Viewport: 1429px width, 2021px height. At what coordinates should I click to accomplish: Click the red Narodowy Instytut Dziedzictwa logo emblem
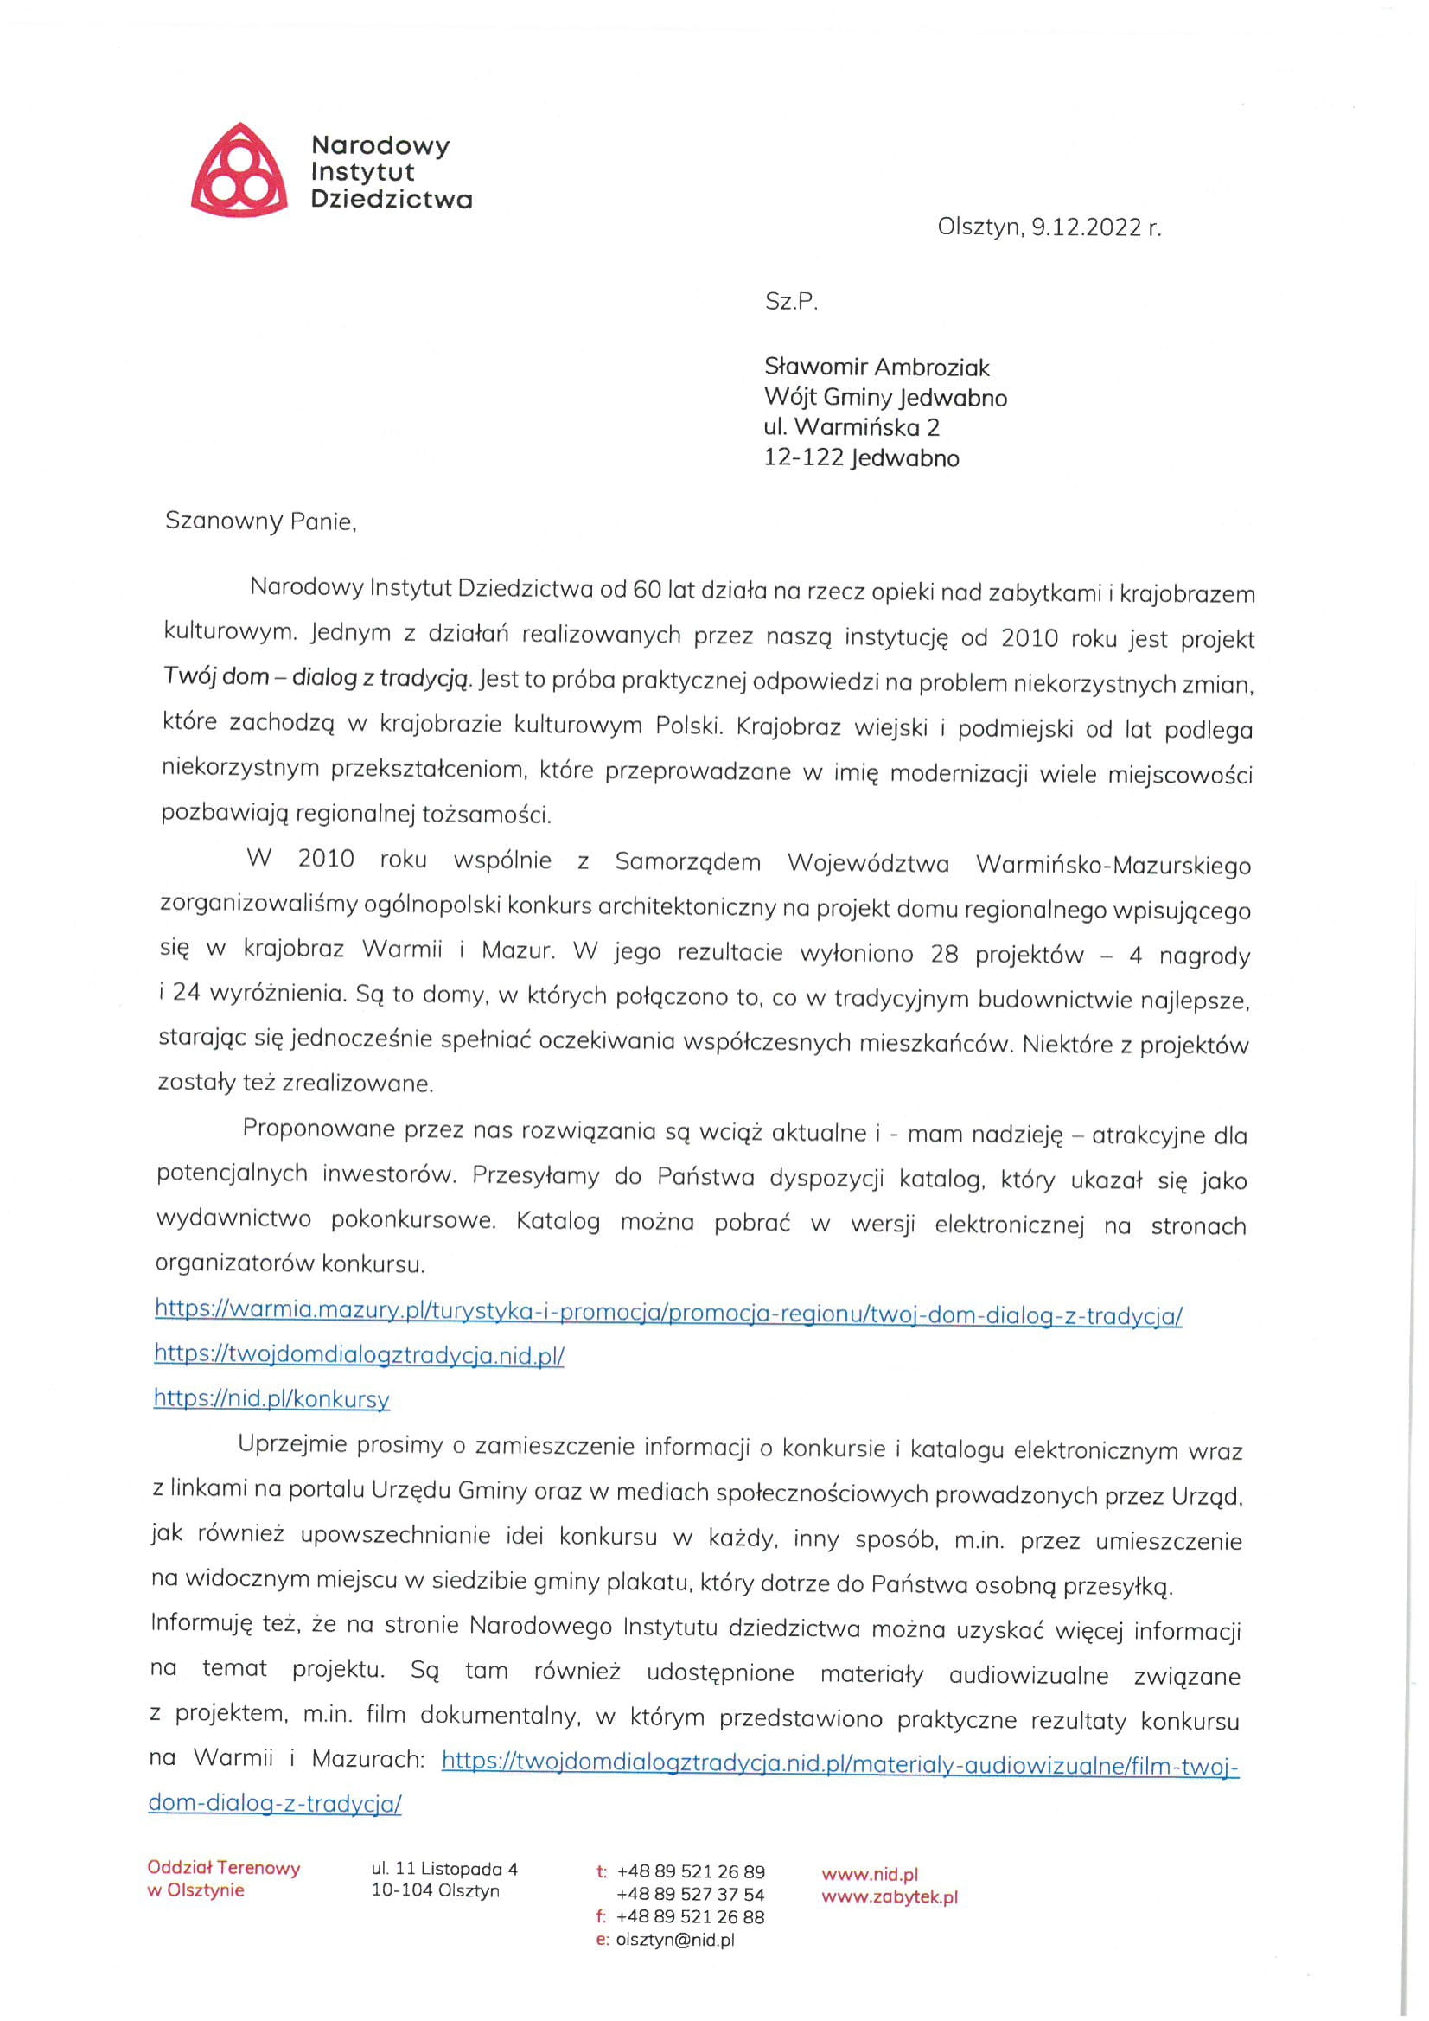239,170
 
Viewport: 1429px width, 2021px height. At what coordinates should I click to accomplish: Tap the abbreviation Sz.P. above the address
791,302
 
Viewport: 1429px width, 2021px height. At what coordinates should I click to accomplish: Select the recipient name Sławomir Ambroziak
877,366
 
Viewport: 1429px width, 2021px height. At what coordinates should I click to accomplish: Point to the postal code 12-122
803,457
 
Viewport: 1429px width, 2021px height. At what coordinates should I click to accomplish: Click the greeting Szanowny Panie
260,521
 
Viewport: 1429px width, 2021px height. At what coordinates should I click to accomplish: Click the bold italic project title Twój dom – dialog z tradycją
317,677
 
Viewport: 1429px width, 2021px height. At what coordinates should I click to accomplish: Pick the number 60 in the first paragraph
647,589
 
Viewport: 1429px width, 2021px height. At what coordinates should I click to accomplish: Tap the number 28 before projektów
943,954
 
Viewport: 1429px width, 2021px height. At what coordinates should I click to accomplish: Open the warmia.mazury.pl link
668,1315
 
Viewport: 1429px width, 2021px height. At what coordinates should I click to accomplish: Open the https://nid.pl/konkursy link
271,1398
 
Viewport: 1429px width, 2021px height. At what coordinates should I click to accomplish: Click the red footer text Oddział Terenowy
224,1868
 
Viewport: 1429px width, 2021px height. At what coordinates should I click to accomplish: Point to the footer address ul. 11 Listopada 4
444,1869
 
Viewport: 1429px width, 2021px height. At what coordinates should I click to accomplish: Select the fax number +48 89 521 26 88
690,1917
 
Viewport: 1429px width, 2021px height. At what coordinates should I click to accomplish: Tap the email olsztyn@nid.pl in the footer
675,1940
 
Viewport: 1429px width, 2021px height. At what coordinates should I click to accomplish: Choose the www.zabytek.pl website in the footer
890,1896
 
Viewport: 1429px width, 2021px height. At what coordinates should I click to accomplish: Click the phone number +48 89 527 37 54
690,1894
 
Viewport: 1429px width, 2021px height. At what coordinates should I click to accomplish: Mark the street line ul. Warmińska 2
851,428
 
